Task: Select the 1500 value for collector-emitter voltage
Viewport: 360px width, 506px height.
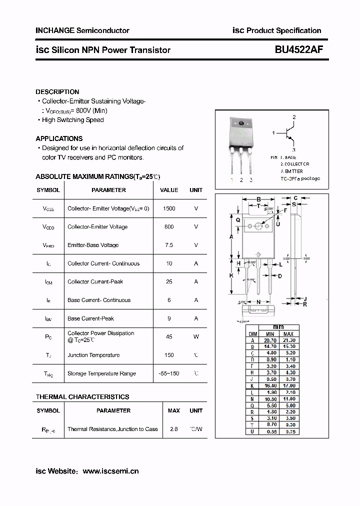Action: (x=169, y=208)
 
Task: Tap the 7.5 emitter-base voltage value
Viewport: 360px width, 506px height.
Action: (x=169, y=245)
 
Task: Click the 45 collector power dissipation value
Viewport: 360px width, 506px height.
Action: (x=169, y=336)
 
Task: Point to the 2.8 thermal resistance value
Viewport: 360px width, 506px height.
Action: (x=174, y=429)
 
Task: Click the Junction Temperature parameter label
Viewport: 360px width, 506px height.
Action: (x=93, y=355)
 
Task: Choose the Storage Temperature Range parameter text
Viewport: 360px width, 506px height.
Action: (x=101, y=373)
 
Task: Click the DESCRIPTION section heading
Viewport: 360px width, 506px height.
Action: (x=57, y=92)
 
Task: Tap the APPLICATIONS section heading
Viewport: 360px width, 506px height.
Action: (x=59, y=138)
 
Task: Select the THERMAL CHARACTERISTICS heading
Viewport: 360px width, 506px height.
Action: (x=82, y=397)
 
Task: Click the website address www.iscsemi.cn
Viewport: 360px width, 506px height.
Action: (x=110, y=471)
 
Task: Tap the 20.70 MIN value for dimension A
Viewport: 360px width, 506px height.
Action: (x=270, y=340)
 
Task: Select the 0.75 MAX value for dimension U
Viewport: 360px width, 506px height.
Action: (x=289, y=431)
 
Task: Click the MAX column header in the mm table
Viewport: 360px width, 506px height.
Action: (x=289, y=334)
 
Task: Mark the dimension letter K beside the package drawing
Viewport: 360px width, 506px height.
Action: (x=231, y=275)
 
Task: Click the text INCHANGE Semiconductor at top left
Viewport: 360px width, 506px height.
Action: (x=82, y=30)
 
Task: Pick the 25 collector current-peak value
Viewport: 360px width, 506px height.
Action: (x=169, y=281)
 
